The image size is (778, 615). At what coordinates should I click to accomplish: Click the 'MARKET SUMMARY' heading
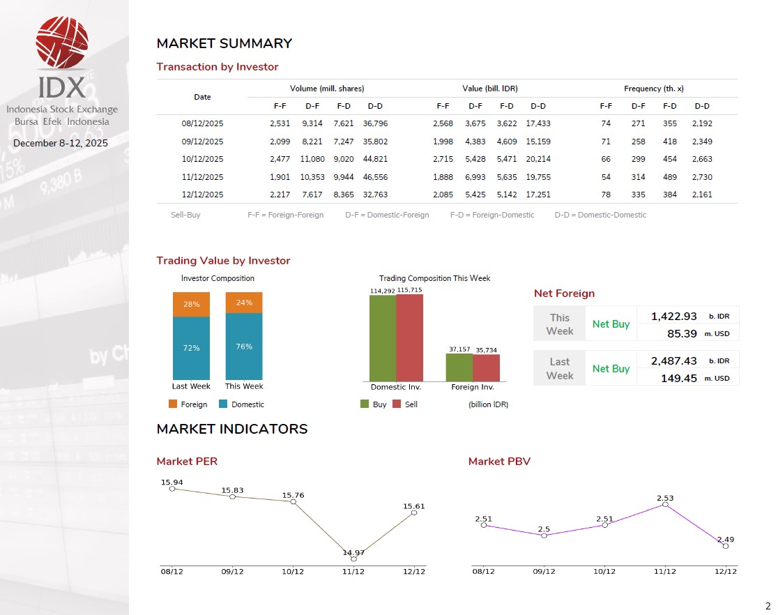point(224,44)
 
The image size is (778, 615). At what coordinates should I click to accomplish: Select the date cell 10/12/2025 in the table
point(202,159)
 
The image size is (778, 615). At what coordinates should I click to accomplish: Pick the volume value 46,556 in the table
point(375,177)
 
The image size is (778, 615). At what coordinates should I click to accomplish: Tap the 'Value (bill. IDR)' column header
point(489,89)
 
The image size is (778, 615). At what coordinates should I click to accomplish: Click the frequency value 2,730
point(702,177)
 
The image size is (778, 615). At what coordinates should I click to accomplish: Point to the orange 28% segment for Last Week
point(191,305)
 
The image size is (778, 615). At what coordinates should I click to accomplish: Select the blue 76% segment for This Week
point(244,346)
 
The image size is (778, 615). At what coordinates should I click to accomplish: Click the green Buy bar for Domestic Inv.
point(382,338)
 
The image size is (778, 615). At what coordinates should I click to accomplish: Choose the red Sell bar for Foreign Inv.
point(486,367)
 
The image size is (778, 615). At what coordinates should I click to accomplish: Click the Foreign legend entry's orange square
point(174,404)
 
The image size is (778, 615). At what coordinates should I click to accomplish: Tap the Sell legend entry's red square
point(397,404)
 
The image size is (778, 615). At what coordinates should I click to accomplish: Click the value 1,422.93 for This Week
point(673,317)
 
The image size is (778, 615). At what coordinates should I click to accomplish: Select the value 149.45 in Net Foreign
point(682,378)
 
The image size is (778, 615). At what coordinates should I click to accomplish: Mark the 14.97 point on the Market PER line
point(353,559)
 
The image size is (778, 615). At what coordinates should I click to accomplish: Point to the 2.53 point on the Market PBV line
point(665,504)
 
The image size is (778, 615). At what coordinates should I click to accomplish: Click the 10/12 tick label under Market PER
point(293,572)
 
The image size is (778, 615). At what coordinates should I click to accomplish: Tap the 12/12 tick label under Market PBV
point(726,572)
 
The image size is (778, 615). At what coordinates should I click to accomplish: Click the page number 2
point(768,606)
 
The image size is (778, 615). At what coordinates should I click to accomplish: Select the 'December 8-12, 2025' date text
point(61,144)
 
